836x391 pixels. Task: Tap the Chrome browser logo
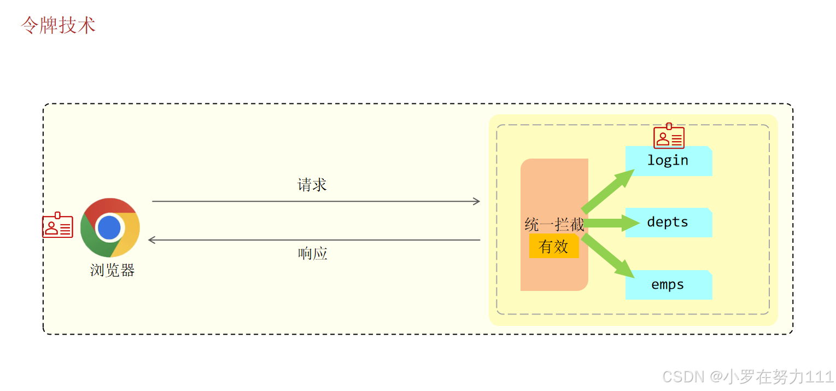110,227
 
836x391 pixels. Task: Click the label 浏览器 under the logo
112,270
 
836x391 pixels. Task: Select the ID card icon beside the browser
57,226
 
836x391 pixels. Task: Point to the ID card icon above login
669,137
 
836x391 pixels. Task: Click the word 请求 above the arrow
312,185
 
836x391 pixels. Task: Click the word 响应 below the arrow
312,253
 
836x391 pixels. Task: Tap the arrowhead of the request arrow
476,201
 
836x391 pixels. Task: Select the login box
668,161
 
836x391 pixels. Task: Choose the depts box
668,223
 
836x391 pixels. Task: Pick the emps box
668,285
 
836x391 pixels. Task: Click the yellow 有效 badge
553,247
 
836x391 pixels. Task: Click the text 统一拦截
554,225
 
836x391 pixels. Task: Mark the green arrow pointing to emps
608,256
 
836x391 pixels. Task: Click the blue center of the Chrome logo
110,227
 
